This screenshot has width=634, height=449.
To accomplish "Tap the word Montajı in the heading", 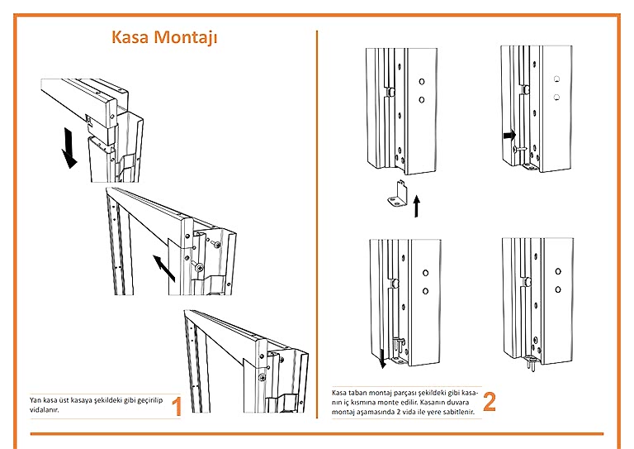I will (189, 39).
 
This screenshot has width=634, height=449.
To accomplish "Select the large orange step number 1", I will (175, 406).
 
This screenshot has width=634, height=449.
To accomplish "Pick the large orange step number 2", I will (490, 402).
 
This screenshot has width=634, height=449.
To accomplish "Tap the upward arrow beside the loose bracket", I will (417, 205).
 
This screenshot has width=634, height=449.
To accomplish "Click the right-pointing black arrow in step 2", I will (509, 134).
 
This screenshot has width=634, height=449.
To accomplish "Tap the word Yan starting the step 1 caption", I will (35, 399).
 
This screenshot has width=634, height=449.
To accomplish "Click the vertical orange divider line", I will (318, 207).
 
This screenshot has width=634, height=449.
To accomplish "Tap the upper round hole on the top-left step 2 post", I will (421, 82).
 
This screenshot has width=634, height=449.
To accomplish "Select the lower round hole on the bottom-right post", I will (558, 289).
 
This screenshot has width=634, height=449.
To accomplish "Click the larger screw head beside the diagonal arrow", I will (199, 266).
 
